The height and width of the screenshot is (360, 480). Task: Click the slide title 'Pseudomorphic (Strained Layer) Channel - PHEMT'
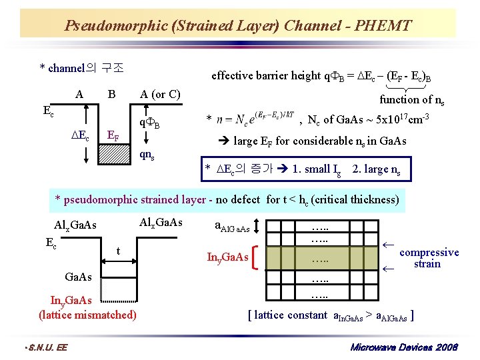238,26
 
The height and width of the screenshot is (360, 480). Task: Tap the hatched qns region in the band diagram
118,155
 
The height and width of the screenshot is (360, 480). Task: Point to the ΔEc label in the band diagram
79,136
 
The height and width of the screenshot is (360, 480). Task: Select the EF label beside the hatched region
115,137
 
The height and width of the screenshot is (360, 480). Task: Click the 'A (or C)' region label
160,94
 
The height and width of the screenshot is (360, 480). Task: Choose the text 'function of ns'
412,100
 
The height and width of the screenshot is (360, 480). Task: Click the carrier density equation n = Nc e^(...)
255,120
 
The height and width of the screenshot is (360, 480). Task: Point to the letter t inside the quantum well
117,251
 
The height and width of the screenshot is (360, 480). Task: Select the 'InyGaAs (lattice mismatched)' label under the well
87,308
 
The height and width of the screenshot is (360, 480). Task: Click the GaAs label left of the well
79,276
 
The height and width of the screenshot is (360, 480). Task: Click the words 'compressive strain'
429,258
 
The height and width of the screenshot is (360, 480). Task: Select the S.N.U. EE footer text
45,348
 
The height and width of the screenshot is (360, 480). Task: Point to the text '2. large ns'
376,169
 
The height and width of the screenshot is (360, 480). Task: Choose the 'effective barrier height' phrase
266,75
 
